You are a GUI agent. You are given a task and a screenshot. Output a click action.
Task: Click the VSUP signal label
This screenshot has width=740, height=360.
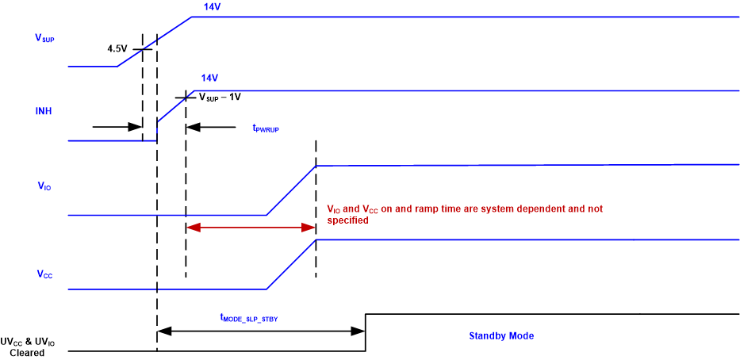pyautogui.click(x=44, y=39)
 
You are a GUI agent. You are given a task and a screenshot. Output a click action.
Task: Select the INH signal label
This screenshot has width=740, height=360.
pyautogui.click(x=44, y=111)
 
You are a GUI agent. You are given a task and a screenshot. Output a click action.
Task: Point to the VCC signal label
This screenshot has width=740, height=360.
pyautogui.click(x=44, y=274)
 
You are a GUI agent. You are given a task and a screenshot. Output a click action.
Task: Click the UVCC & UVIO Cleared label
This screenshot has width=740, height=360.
pyautogui.click(x=33, y=347)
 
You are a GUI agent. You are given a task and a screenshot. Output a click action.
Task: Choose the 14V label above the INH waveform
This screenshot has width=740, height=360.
pyautogui.click(x=209, y=78)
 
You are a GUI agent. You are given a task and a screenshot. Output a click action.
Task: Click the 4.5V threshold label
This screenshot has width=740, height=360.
pyautogui.click(x=118, y=49)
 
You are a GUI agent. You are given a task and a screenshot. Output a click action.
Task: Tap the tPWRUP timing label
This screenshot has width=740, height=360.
pyautogui.click(x=267, y=128)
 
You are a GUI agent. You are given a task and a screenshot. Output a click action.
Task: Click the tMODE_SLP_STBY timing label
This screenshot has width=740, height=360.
pyautogui.click(x=248, y=317)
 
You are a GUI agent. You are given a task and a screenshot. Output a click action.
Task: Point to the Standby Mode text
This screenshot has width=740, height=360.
pyautogui.click(x=500, y=336)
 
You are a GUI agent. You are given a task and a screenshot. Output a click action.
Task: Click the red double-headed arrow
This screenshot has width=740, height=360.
pyautogui.click(x=251, y=228)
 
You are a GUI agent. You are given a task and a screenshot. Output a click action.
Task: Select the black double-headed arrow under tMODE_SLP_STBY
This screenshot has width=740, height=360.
pyautogui.click(x=261, y=329)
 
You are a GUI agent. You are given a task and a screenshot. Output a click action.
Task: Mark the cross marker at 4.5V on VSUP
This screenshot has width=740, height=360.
pyautogui.click(x=143, y=49)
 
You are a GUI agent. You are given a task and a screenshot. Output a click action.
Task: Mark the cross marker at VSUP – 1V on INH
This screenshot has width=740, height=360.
pyautogui.click(x=186, y=97)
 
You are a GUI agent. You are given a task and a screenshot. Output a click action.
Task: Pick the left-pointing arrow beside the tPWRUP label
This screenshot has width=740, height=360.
pyautogui.click(x=211, y=126)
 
